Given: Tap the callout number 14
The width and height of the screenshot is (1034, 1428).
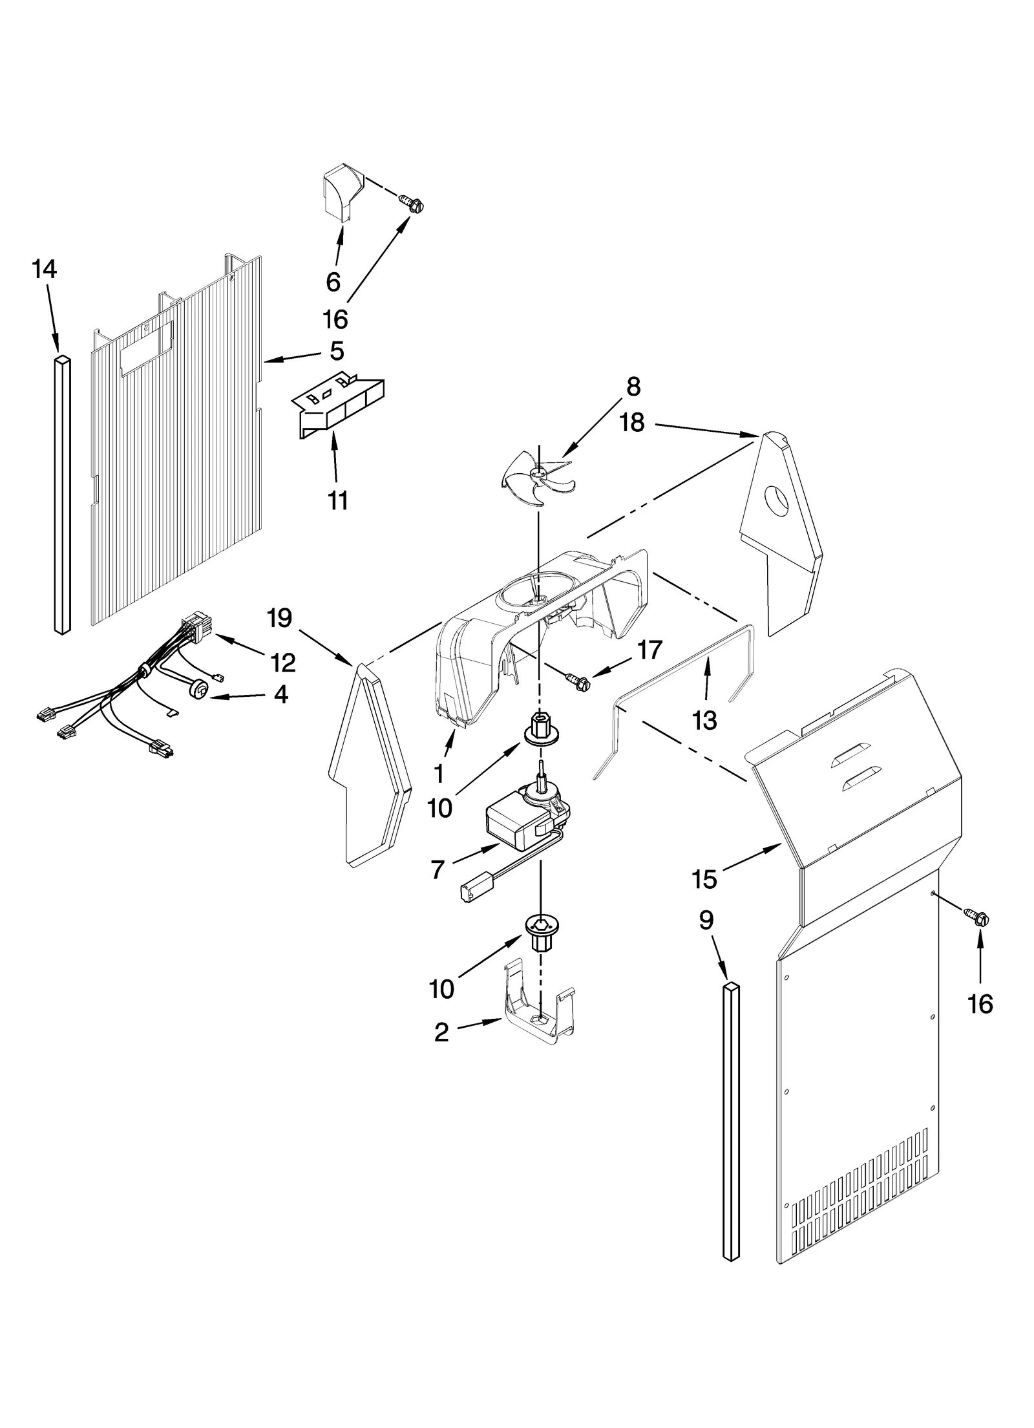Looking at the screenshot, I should point(45,269).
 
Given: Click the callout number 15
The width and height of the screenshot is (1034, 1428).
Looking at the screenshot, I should point(704,879).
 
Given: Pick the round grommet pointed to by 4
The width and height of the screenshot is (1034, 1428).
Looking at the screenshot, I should point(200,690).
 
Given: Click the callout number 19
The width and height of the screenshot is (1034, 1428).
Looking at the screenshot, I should point(279,618).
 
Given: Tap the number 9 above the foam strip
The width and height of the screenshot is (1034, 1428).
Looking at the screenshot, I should point(706,920).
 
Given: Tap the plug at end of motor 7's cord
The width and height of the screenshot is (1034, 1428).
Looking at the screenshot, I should point(469,891).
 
